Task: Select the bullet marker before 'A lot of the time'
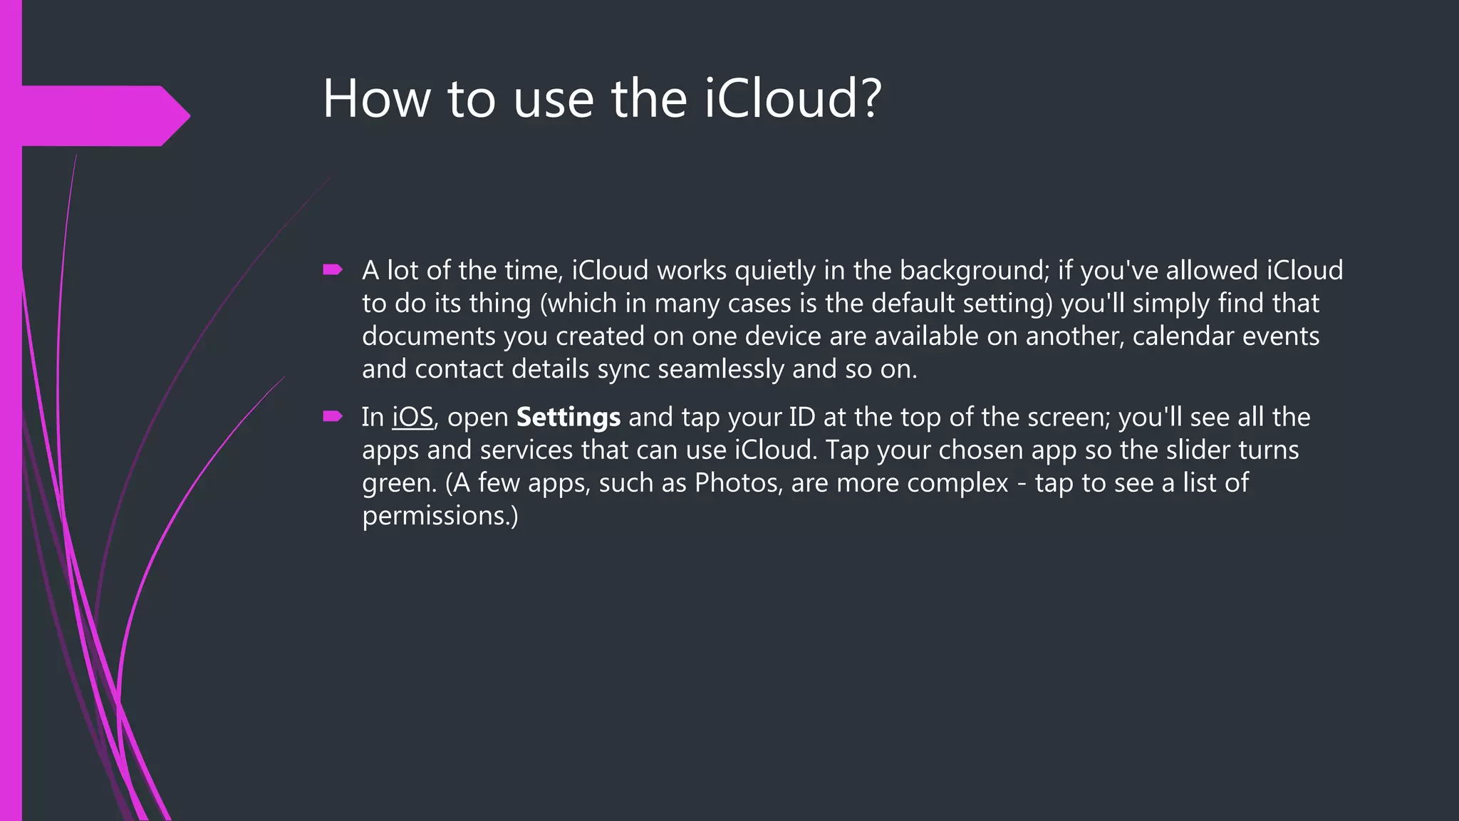333,269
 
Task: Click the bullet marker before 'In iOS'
333,416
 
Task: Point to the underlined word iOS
412,417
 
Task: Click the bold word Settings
568,417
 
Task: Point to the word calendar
1183,336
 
